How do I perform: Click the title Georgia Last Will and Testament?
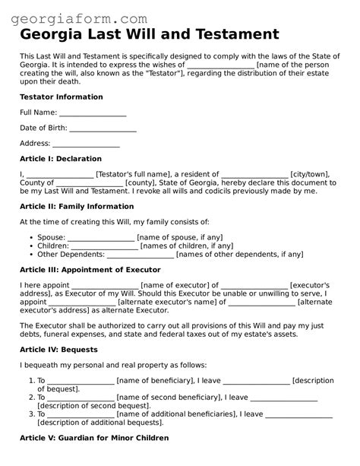pyautogui.click(x=149, y=35)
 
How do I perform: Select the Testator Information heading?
pyautogui.click(x=61, y=97)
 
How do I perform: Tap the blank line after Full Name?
pyautogui.click(x=93, y=113)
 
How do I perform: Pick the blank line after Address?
pyautogui.click(x=86, y=144)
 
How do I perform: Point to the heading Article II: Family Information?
pyautogui.click(x=76, y=206)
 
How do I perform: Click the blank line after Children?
pyautogui.click(x=105, y=246)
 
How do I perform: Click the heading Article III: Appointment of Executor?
pyautogui.click(x=90, y=270)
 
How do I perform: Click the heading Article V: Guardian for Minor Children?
pyautogui.click(x=93, y=438)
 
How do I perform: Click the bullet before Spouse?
pyautogui.click(x=29, y=238)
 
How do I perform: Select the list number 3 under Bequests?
pyautogui.click(x=30, y=414)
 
